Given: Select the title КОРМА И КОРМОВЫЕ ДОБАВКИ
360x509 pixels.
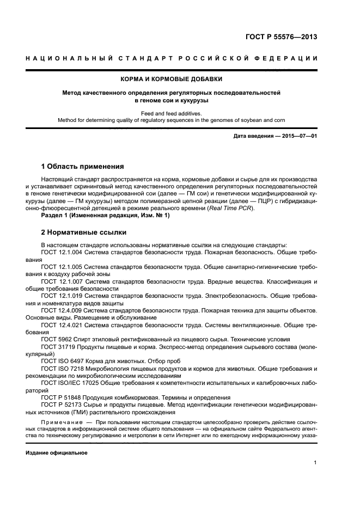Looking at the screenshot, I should pos(180,79).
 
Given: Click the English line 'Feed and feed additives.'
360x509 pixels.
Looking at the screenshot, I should pos(180,113).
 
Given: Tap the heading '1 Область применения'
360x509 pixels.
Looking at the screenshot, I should pos(83,166).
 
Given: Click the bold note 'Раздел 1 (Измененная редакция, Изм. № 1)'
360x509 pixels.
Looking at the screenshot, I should pos(106,216).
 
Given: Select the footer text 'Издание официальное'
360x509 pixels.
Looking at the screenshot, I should pos(57,453).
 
